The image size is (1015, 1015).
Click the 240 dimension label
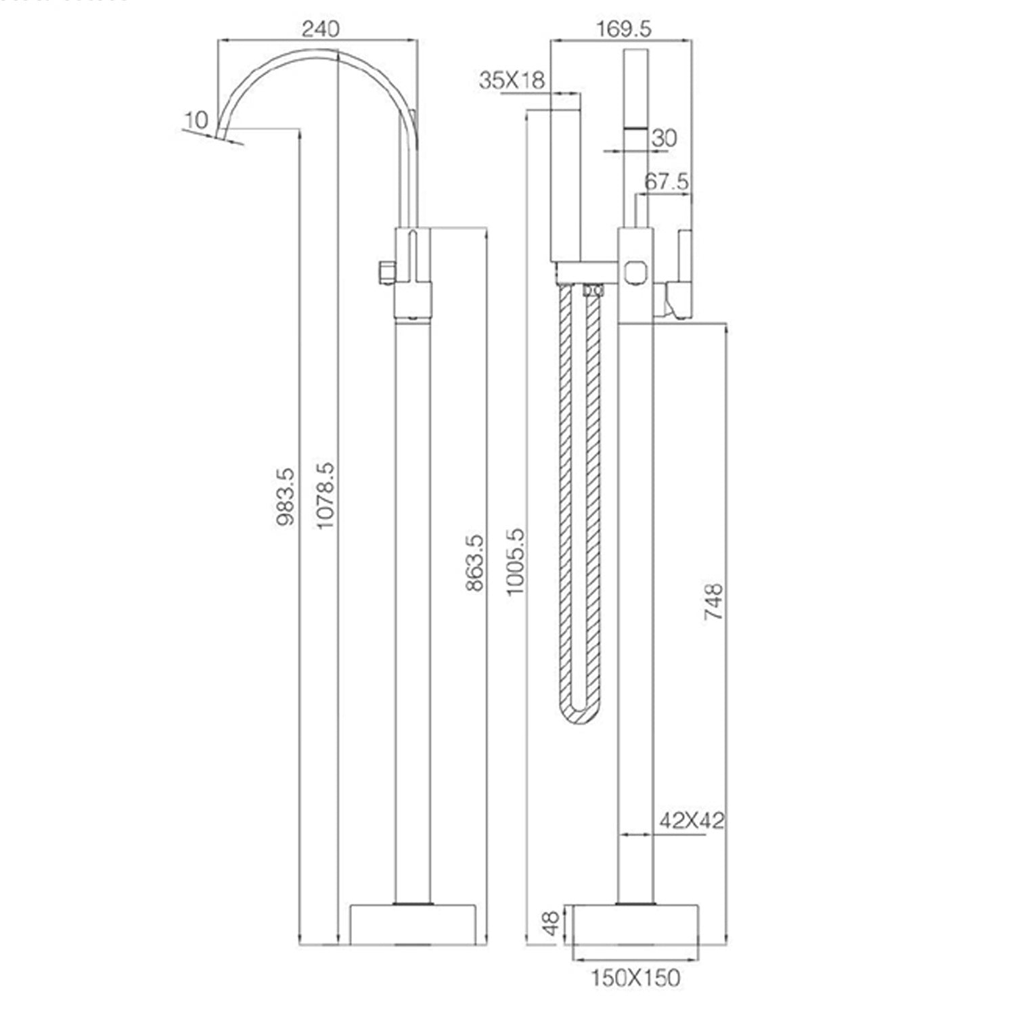pyautogui.click(x=321, y=29)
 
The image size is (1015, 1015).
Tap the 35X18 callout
pyautogui.click(x=512, y=81)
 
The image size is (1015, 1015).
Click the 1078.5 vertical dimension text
pyautogui.click(x=325, y=496)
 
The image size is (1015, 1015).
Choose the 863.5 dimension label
pyautogui.click(x=475, y=563)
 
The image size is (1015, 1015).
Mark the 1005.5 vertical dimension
pyautogui.click(x=515, y=562)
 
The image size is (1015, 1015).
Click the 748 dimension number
pyautogui.click(x=714, y=602)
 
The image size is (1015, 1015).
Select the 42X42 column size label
pyautogui.click(x=692, y=821)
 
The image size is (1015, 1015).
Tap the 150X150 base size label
pyautogui.click(x=635, y=978)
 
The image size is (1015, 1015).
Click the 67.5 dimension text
pyautogui.click(x=667, y=181)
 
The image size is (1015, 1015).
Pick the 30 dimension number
pyautogui.click(x=664, y=138)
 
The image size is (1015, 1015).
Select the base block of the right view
pyautogui.click(x=635, y=924)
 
